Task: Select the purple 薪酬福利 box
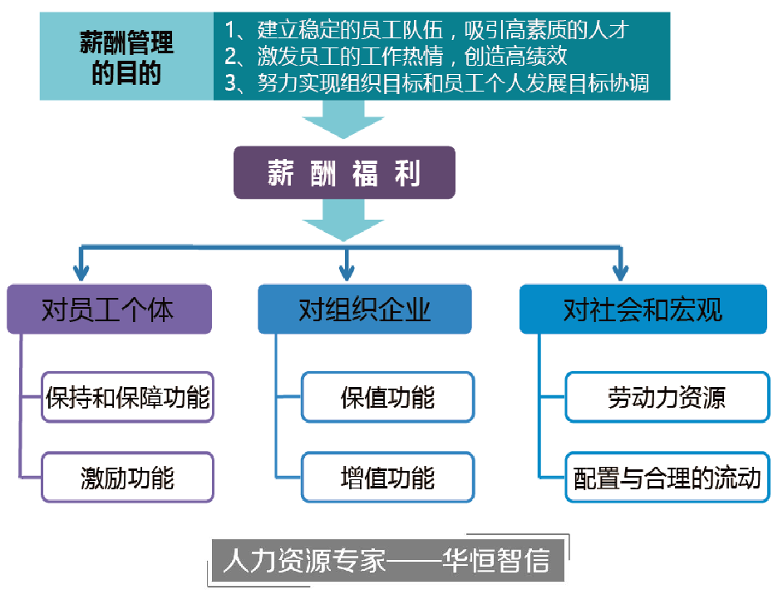pos(344,173)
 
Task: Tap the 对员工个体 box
pos(109,310)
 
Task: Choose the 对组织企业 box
pos(365,310)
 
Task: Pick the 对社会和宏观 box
pos(643,310)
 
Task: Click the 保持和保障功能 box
pos(128,397)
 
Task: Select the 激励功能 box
pos(128,478)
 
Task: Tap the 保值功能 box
pos(387,397)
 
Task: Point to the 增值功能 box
pos(387,478)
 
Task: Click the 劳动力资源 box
pos(667,397)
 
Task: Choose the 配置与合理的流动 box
pos(667,478)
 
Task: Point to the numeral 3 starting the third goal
pos(233,83)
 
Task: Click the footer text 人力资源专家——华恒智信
pos(387,561)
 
